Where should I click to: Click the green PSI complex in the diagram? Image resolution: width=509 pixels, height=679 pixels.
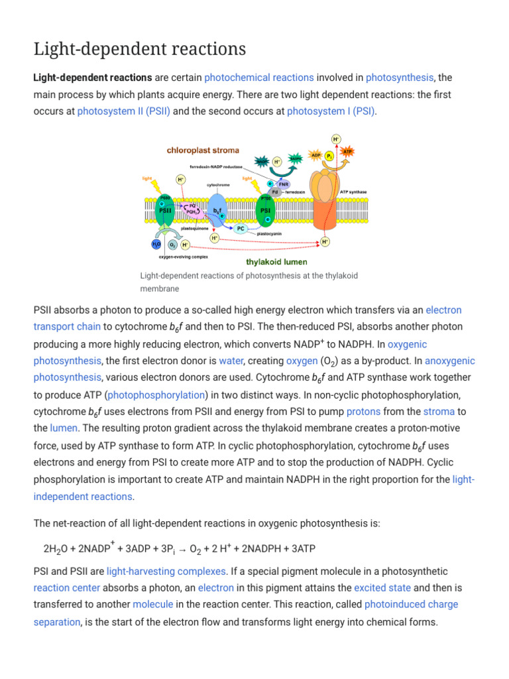265,210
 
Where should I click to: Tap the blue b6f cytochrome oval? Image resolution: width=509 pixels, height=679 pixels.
217,210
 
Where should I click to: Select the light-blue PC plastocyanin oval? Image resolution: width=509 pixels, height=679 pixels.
241,229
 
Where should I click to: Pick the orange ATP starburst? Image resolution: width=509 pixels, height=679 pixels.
347,152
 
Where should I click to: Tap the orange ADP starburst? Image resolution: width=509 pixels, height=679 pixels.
316,156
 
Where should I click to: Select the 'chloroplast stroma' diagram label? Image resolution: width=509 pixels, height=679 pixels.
203,151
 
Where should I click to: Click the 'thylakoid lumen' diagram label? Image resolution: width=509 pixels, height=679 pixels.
276,261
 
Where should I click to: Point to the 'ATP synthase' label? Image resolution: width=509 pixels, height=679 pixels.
353,192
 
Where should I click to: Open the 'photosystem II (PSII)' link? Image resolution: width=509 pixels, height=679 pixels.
124,111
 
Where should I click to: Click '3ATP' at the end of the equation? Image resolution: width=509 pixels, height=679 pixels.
302,549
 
